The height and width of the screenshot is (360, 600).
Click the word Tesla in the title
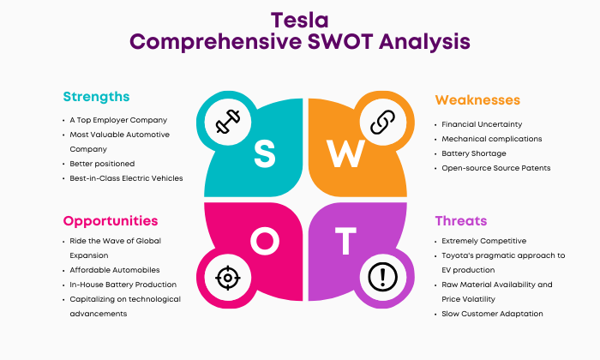point(300,21)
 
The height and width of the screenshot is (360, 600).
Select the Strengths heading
point(96,97)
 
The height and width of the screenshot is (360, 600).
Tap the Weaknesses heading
point(477,100)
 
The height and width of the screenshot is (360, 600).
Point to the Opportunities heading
point(111,221)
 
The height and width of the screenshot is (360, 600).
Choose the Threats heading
point(461,221)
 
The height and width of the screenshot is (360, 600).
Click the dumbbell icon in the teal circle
point(228,122)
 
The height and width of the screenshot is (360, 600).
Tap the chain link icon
point(382,122)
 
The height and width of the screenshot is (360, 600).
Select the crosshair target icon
point(228,278)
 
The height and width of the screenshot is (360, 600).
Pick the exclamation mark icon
point(382,277)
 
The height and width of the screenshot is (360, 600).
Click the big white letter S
point(264,153)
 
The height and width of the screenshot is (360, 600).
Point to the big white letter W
point(345,153)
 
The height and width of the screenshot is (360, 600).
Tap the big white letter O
point(265,241)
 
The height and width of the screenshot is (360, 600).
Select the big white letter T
point(346,241)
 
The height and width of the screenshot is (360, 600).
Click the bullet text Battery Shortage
point(474,153)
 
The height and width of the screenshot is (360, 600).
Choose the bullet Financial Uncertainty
point(482,124)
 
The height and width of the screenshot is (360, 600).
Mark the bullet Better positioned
point(102,164)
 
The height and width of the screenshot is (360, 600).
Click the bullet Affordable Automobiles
point(114,270)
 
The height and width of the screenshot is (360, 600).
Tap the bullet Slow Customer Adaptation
point(492,314)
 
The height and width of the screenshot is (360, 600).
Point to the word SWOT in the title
point(340,42)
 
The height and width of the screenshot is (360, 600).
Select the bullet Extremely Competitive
point(483,241)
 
